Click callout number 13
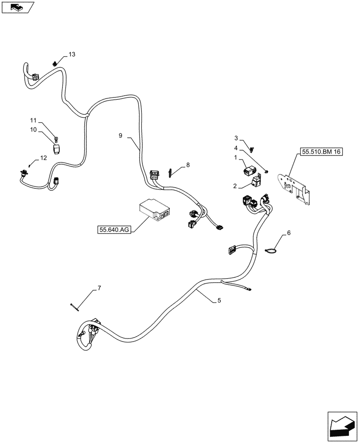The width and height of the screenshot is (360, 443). pyautogui.click(x=71, y=54)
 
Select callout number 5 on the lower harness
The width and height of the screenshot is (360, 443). pyautogui.click(x=219, y=301)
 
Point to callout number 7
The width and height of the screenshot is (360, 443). pyautogui.click(x=99, y=288)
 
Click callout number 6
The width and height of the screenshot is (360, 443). pyautogui.click(x=289, y=233)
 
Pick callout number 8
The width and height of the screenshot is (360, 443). pyautogui.click(x=188, y=165)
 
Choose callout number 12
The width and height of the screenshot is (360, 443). pyautogui.click(x=43, y=157)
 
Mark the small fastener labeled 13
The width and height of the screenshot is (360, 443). pyautogui.click(x=55, y=63)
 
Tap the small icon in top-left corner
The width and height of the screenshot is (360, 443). pyautogui.click(x=18, y=7)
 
